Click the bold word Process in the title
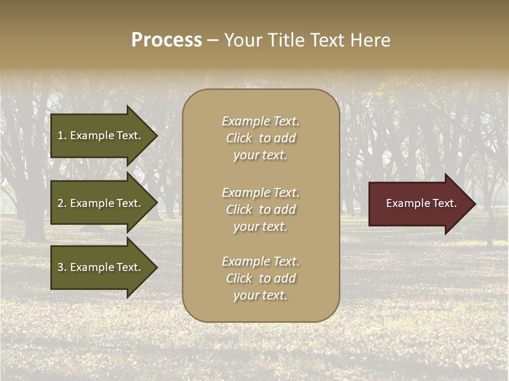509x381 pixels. (x=166, y=40)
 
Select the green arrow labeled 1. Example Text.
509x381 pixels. (x=101, y=135)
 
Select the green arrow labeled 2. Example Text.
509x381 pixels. (x=101, y=203)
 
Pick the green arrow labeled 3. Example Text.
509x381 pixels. (x=101, y=267)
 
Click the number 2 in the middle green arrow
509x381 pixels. (x=60, y=203)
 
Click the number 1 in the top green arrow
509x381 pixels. (x=60, y=135)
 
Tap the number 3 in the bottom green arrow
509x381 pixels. (x=60, y=267)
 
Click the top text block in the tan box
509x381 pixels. (x=260, y=138)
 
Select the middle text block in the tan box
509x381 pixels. (x=260, y=210)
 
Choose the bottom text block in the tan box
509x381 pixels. (x=260, y=278)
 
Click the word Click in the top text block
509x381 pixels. (x=239, y=138)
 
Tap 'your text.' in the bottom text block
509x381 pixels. (x=260, y=295)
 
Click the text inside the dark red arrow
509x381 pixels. (x=422, y=203)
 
